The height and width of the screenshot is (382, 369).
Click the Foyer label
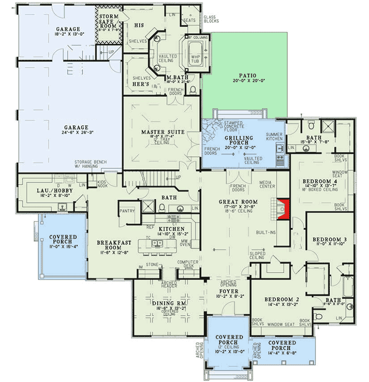coord(227,291)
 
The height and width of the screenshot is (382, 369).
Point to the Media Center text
coord(267,184)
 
